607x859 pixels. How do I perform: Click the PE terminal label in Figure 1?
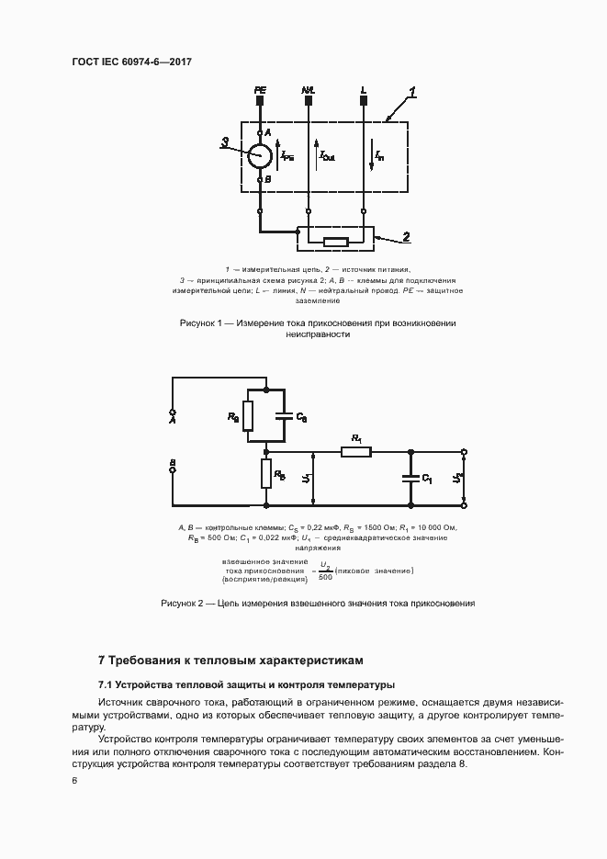[x=260, y=90]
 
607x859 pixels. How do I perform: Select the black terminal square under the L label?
[x=364, y=103]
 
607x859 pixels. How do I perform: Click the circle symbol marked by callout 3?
[x=261, y=155]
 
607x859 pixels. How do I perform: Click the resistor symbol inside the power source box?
[x=335, y=243]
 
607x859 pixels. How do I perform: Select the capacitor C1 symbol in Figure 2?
[x=410, y=478]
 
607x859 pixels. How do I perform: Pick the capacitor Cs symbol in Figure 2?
[x=284, y=416]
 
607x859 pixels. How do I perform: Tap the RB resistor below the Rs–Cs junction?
[x=265, y=474]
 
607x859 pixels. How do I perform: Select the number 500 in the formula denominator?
[x=324, y=577]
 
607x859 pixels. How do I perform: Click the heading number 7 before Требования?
[x=102, y=660]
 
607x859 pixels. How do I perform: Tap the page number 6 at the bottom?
[x=74, y=780]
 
